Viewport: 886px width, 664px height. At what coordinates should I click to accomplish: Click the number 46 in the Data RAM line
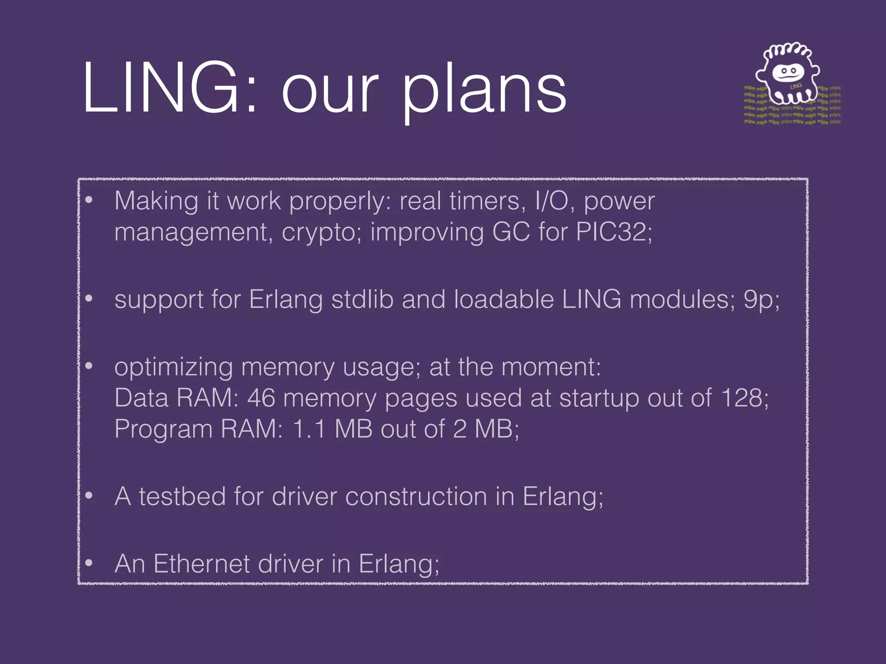pos(261,398)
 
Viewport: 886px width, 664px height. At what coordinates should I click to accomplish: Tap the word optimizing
pos(173,367)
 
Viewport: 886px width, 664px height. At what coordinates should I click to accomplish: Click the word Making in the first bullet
pos(156,201)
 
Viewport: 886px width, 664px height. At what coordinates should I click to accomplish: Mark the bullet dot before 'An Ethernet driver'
pos(89,563)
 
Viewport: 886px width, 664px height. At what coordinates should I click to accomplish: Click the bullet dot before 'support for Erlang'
pos(89,299)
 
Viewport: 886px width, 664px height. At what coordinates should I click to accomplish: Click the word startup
pos(599,399)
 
